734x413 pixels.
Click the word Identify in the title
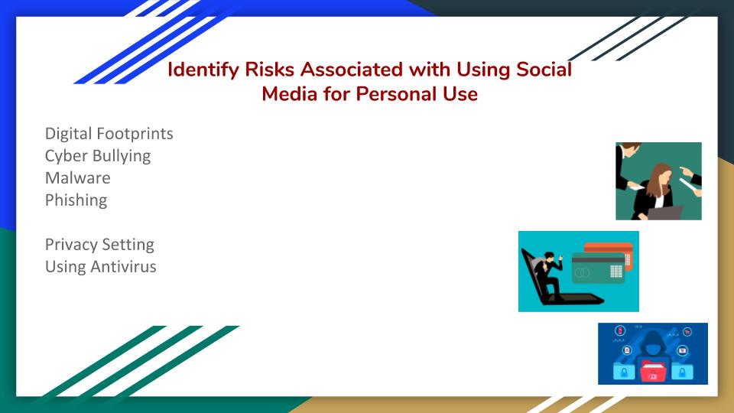[x=203, y=70]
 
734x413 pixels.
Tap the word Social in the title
[x=544, y=70]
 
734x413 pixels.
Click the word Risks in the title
[x=270, y=70]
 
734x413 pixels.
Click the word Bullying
[x=124, y=156]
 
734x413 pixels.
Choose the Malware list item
[x=78, y=178]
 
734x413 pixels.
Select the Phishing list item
[x=76, y=200]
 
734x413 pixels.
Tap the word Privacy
[x=71, y=245]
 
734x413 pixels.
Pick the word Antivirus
[x=124, y=266]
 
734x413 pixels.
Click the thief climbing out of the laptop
[x=548, y=275]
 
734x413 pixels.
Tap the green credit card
[x=598, y=268]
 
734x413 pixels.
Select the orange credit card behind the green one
[x=609, y=253]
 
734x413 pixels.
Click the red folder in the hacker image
[x=652, y=371]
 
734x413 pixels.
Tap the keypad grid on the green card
[x=616, y=271]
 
